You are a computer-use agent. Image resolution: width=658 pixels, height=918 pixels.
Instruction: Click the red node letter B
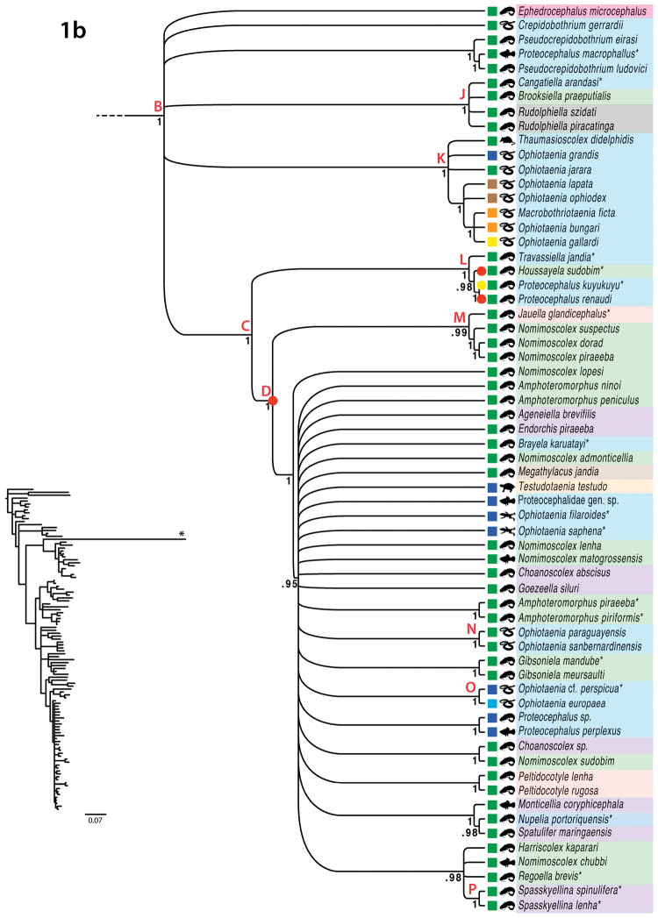tap(158, 106)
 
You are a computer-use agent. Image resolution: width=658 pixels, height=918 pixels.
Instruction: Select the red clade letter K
tap(441, 158)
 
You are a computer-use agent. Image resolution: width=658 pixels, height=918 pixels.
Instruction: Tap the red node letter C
tap(246, 326)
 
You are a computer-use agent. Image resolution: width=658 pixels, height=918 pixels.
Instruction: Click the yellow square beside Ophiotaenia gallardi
tap(493, 241)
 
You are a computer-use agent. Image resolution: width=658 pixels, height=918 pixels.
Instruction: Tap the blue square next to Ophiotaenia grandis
tap(493, 154)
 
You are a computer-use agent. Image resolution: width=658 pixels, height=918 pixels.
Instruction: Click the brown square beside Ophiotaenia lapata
tap(493, 183)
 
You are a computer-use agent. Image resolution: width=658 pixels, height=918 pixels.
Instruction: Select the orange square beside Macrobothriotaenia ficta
tap(493, 212)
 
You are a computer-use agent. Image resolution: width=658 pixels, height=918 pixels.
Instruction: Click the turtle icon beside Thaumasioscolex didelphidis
tap(508, 140)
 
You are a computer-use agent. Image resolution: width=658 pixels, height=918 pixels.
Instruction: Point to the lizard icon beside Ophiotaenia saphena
tap(508, 530)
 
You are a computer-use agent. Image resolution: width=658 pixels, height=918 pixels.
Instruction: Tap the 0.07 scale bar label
tap(96, 820)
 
